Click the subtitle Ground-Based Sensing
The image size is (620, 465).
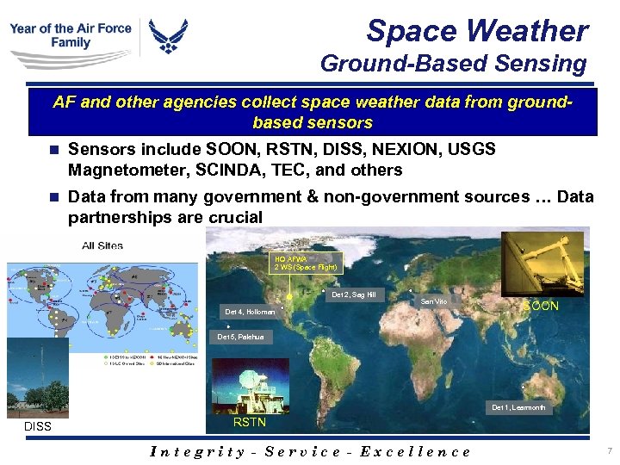pyautogui.click(x=453, y=64)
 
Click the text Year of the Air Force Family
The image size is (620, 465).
pyautogui.click(x=71, y=35)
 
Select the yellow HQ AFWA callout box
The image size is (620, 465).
pyautogui.click(x=306, y=262)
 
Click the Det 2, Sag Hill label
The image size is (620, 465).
pyautogui.click(x=354, y=295)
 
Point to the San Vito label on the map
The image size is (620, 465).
pyautogui.click(x=433, y=302)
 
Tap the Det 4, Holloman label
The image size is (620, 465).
pyautogui.click(x=249, y=311)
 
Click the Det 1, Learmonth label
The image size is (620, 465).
pyautogui.click(x=518, y=406)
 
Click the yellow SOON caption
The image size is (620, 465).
pyautogui.click(x=542, y=306)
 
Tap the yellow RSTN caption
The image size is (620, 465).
pyautogui.click(x=249, y=422)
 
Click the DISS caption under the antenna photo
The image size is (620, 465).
pyautogui.click(x=38, y=426)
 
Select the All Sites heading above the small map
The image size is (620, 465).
pyautogui.click(x=102, y=245)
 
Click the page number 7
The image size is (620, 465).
pyautogui.click(x=609, y=450)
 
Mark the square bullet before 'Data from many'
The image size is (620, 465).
pyautogui.click(x=54, y=197)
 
